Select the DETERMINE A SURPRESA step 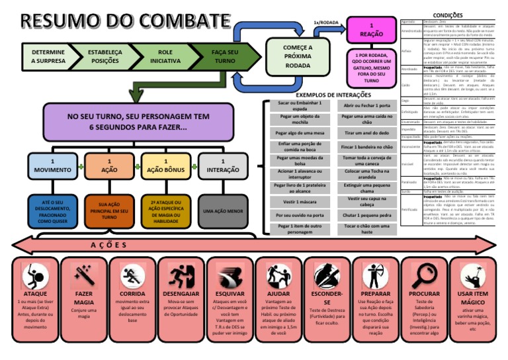pos(48,57)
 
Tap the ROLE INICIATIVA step pos(165,57)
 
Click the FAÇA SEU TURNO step pos(224,57)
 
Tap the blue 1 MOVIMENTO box pos(52,166)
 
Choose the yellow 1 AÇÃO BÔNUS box pos(165,166)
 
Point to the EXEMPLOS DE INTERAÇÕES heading pos(333,95)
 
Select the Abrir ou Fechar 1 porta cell pos(367,106)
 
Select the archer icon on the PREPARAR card pos(376,276)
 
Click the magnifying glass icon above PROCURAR pos(424,276)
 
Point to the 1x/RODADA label pos(326,22)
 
